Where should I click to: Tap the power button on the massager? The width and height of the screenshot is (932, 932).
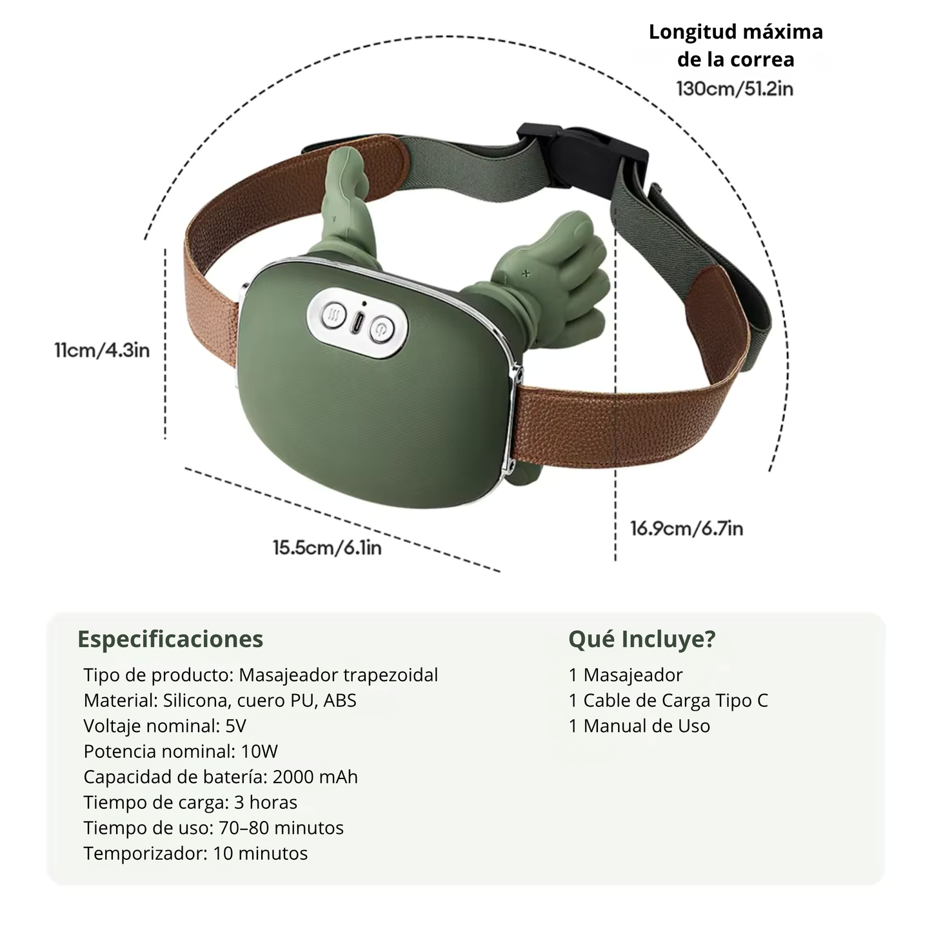tap(382, 330)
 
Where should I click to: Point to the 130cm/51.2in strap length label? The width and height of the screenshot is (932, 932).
tap(735, 89)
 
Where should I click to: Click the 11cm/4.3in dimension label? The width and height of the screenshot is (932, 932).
tap(102, 350)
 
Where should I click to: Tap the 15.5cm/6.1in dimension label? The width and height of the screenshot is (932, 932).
tap(327, 548)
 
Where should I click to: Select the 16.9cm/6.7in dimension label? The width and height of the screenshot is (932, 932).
tap(687, 528)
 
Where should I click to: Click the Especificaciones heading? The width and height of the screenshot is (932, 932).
tap(170, 639)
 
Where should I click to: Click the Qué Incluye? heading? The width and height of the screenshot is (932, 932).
tap(642, 639)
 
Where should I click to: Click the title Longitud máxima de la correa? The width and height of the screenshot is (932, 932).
tap(736, 45)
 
